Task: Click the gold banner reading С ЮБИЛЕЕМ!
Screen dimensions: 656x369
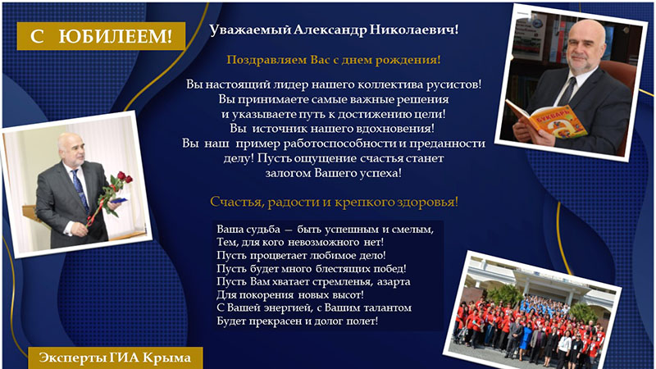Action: (101, 36)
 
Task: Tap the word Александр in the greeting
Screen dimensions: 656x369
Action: (330, 30)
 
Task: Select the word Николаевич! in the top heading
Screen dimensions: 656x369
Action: (414, 30)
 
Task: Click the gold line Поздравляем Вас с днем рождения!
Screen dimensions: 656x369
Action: (334, 60)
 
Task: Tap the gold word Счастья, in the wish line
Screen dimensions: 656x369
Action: (237, 202)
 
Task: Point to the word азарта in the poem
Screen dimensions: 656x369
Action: (394, 282)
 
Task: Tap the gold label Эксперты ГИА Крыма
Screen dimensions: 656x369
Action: (115, 358)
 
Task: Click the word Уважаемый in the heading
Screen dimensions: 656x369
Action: (250, 30)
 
